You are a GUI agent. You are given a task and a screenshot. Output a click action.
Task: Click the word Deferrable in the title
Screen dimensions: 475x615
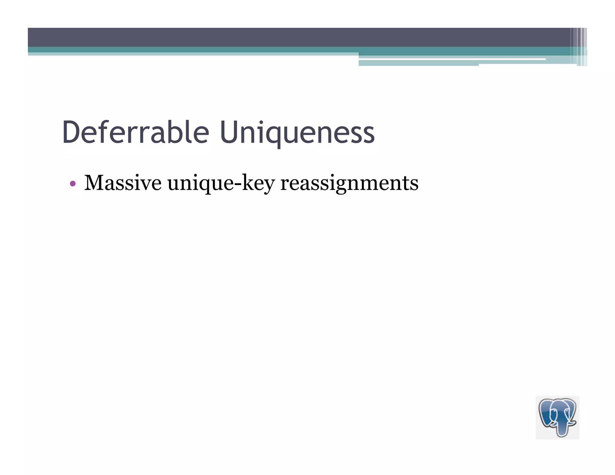[135, 132]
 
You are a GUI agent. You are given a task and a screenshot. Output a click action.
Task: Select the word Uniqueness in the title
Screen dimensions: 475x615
[297, 132]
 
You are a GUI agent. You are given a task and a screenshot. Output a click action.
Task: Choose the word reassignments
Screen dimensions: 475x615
[349, 183]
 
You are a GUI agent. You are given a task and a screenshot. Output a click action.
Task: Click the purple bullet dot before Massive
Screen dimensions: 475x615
[72, 183]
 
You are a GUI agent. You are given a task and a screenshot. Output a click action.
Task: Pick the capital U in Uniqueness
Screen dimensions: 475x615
[230, 132]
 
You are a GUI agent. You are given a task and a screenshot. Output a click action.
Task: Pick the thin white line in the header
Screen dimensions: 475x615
[450, 59]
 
